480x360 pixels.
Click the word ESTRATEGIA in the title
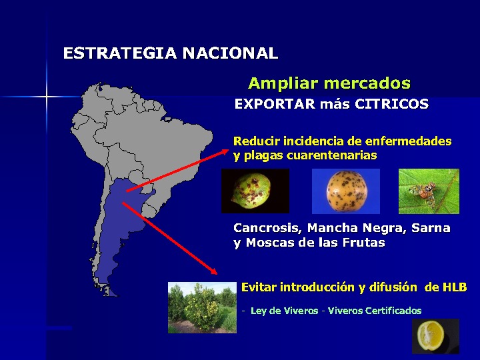[x=120, y=53]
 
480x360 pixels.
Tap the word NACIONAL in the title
[x=230, y=53]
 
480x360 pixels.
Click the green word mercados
[x=367, y=83]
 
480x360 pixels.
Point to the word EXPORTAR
[x=275, y=104]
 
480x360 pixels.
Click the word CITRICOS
[x=391, y=104]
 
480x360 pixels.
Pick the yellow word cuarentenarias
[x=331, y=155]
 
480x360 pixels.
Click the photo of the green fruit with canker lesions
[x=255, y=191]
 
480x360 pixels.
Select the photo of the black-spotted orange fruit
[x=346, y=191]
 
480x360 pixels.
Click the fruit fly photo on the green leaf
[x=429, y=191]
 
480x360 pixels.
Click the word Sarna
[x=431, y=228]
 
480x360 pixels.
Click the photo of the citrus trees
[x=203, y=307]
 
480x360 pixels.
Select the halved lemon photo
[x=435, y=336]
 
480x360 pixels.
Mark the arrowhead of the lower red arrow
[x=213, y=270]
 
